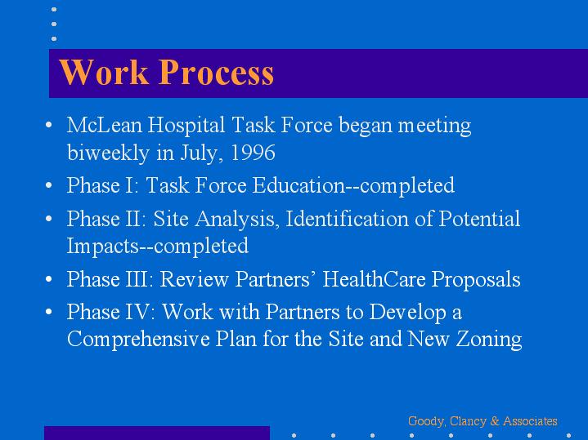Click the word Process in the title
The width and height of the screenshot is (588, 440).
(x=216, y=73)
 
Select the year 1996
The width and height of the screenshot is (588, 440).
(x=253, y=153)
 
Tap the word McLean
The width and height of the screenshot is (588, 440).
(x=104, y=125)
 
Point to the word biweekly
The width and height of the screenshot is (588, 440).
(x=109, y=153)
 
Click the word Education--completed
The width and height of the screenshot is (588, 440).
(x=353, y=185)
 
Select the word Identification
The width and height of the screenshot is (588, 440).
(x=347, y=218)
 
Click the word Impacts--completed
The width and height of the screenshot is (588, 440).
(x=158, y=246)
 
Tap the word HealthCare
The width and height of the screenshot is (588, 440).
(x=374, y=279)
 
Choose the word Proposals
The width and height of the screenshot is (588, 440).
(x=476, y=279)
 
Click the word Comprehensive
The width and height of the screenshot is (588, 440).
(x=138, y=340)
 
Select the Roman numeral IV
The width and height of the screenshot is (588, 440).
(x=137, y=312)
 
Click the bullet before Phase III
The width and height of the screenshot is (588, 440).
(x=49, y=279)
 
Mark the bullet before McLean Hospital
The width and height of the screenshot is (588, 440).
(x=49, y=125)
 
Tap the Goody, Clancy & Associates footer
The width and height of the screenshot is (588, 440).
(x=483, y=421)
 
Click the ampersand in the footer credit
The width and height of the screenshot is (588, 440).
(x=495, y=421)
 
